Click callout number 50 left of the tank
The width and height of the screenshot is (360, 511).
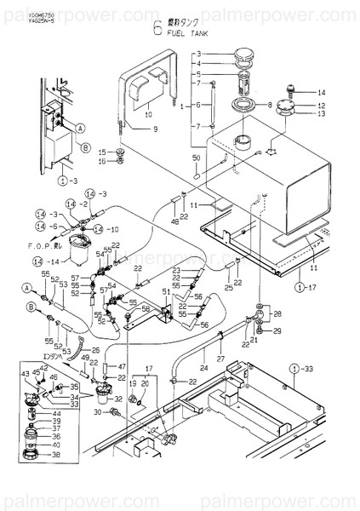click(x=196, y=159)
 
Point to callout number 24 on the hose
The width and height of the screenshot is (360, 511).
click(x=204, y=368)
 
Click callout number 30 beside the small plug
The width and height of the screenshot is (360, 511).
click(x=98, y=411)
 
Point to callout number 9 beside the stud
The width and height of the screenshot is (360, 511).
click(x=156, y=129)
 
